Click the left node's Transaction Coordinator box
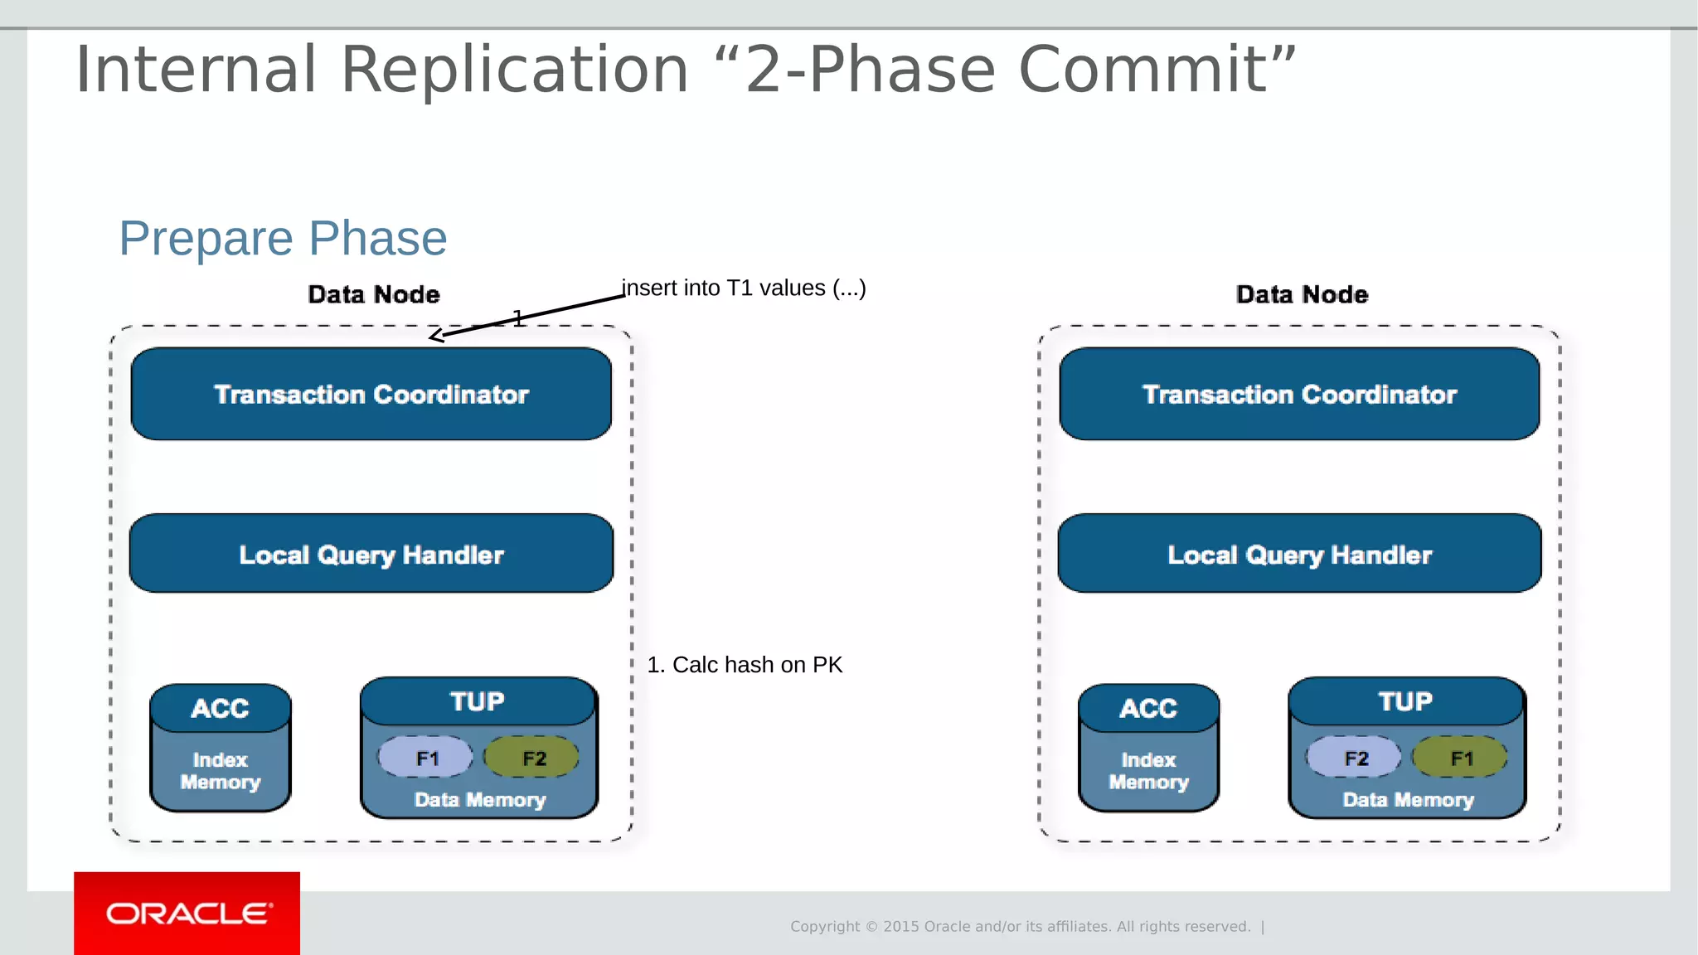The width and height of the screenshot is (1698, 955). (371, 394)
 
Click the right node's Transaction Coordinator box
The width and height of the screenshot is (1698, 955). (1299, 394)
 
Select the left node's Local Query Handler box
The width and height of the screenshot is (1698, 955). (371, 554)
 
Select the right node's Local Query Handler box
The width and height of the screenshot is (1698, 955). (1299, 554)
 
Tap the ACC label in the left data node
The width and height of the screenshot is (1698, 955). (220, 708)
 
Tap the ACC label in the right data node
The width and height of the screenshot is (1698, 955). (1148, 708)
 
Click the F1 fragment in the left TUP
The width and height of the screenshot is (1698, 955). (426, 758)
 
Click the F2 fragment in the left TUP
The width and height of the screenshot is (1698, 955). (532, 758)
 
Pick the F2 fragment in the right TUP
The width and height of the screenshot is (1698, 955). (1355, 758)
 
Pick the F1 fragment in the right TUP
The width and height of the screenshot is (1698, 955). (1461, 758)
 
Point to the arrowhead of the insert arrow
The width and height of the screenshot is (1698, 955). (434, 335)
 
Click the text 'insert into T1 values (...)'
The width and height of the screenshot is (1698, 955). (744, 288)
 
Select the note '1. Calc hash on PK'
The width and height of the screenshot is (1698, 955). (744, 665)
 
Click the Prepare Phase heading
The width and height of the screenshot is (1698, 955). (283, 239)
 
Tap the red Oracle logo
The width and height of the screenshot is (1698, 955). (187, 913)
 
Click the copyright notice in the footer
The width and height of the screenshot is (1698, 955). (1020, 926)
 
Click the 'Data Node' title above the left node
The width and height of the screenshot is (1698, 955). (373, 294)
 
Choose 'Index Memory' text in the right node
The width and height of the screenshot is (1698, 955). (1148, 771)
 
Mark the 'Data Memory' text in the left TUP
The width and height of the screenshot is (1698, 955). (479, 800)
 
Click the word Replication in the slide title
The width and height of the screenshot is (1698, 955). (514, 70)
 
